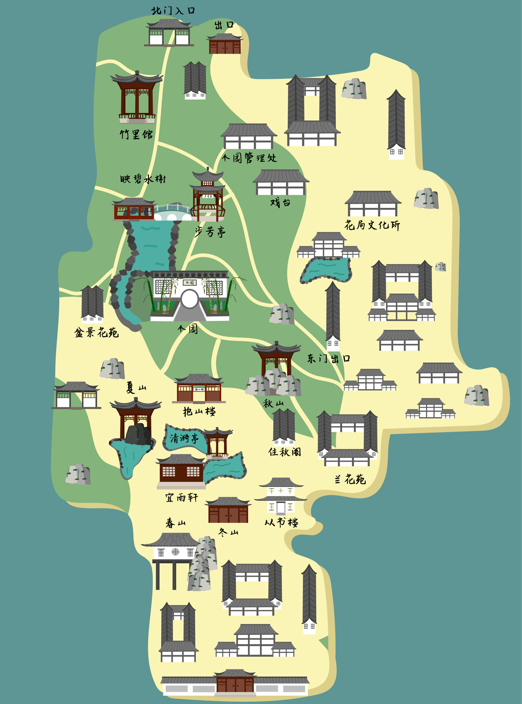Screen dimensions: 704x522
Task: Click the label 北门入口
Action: tap(173, 11)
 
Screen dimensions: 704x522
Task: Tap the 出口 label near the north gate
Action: tap(224, 25)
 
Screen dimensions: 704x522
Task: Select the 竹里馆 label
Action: tap(136, 134)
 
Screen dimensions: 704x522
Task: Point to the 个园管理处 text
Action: tap(249, 158)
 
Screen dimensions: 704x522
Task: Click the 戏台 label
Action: tap(280, 202)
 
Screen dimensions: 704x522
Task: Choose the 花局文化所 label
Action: tap(372, 225)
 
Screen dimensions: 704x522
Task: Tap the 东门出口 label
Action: tap(329, 358)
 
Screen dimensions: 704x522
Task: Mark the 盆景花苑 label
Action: tap(96, 333)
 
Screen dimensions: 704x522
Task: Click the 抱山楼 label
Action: tap(199, 411)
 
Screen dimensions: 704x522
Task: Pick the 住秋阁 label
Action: tap(285, 452)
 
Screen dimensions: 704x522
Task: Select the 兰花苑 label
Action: tap(350, 479)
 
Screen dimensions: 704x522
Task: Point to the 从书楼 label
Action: tap(281, 522)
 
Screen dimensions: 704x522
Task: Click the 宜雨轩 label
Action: tap(181, 498)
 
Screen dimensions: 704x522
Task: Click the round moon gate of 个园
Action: tap(189, 299)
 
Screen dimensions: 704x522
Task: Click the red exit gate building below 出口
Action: tap(225, 45)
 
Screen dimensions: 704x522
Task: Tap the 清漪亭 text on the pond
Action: tap(184, 438)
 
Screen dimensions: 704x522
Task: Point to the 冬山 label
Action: tap(228, 532)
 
